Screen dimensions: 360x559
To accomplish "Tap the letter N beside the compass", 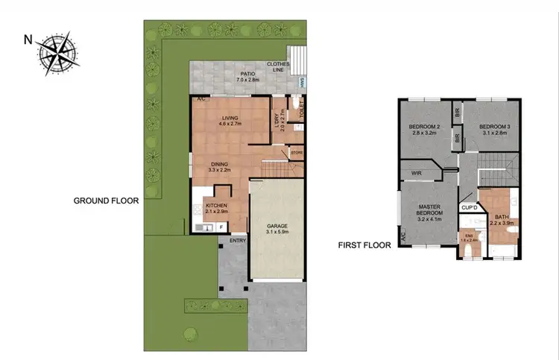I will (x=28, y=39).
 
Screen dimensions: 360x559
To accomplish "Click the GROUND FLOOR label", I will (x=106, y=200).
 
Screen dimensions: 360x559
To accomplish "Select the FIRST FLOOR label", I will (x=363, y=244).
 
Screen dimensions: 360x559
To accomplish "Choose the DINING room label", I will (x=218, y=166).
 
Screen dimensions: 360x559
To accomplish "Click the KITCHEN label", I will (x=216, y=208).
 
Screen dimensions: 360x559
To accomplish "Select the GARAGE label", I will (x=277, y=227).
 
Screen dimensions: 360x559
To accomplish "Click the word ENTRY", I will (x=237, y=240).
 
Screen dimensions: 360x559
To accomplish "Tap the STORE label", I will (x=297, y=153).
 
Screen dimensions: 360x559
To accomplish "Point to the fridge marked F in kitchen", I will (x=221, y=227).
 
